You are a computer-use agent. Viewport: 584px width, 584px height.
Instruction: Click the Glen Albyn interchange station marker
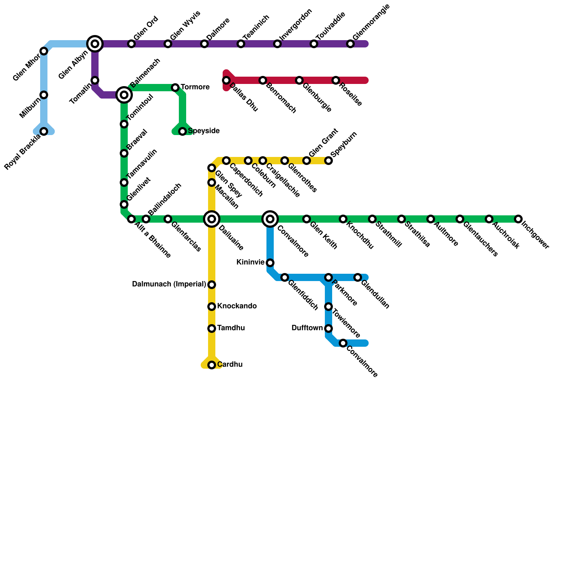click(x=95, y=44)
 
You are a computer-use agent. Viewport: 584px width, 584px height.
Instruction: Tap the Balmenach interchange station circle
click(x=124, y=95)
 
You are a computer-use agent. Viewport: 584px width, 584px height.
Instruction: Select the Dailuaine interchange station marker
click(x=212, y=219)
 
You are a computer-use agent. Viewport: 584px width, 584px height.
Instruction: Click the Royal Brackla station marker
click(x=44, y=131)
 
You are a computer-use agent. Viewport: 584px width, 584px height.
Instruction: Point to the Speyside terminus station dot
click(x=182, y=131)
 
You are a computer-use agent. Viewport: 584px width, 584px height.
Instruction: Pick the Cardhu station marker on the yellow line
click(x=212, y=365)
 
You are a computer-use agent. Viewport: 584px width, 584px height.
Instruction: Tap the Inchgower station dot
click(x=518, y=219)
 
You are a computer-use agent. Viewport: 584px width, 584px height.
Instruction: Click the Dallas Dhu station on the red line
click(x=226, y=80)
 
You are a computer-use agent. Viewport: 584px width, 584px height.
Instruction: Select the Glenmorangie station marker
click(x=350, y=44)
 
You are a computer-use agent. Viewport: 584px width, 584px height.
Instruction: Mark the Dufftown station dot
click(x=328, y=328)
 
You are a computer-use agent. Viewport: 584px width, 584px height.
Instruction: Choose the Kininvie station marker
click(x=270, y=263)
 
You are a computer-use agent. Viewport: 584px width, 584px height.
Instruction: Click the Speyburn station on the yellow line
click(x=328, y=161)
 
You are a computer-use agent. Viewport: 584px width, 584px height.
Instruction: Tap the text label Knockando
click(x=237, y=306)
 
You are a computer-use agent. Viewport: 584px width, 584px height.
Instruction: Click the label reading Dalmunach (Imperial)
click(x=169, y=284)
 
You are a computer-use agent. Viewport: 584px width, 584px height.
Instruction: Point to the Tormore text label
click(x=195, y=87)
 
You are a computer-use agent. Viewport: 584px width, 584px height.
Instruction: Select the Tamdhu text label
click(x=231, y=328)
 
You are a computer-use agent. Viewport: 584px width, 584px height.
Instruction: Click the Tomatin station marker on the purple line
click(x=95, y=80)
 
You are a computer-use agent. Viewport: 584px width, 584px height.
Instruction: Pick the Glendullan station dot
click(x=358, y=277)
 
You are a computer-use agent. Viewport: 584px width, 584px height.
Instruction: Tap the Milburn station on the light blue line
click(x=44, y=95)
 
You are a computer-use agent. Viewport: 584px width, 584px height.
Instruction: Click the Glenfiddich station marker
click(x=285, y=277)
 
